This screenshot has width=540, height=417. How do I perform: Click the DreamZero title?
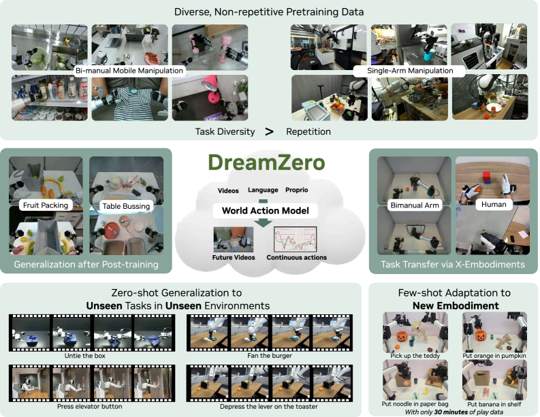coord(266,163)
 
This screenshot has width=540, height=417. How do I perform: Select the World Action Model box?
coord(265,211)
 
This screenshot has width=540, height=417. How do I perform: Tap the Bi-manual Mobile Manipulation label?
coord(129,71)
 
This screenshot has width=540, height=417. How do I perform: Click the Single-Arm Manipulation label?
coord(410,71)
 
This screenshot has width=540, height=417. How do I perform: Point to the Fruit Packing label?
coord(46,205)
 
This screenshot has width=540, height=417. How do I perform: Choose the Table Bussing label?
coord(126,206)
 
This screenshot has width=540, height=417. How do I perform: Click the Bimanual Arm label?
coord(415,205)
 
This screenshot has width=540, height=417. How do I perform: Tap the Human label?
coord(494,204)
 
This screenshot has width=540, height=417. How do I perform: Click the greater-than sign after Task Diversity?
coord(269,131)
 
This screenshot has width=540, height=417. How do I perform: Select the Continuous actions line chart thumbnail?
coord(295,239)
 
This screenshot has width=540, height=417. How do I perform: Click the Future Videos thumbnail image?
coord(234,239)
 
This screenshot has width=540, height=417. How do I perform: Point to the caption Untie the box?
coord(84,356)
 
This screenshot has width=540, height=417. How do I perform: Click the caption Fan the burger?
coord(270,356)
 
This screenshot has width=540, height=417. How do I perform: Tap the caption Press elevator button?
coord(89,406)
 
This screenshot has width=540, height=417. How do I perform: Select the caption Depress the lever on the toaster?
coord(269,406)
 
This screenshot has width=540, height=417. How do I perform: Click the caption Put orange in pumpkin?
coord(494,356)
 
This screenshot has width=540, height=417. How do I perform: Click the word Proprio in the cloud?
coord(296,190)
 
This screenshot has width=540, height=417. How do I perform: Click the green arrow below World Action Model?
coord(264,221)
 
